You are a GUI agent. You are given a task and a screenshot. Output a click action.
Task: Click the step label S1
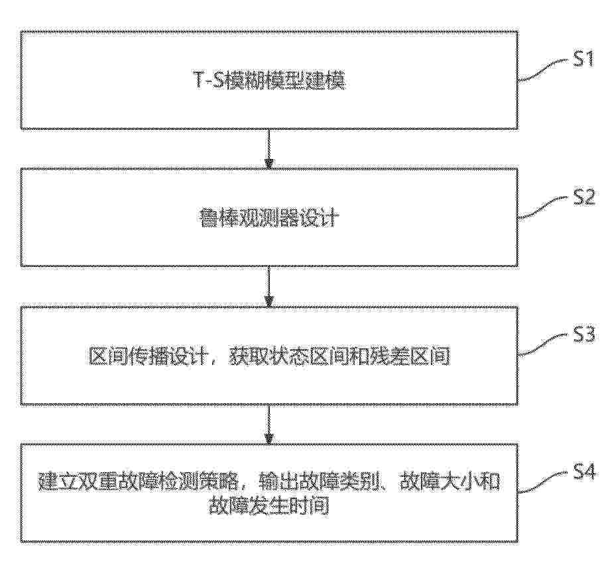click(x=583, y=60)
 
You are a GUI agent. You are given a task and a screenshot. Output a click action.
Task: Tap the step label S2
click(x=584, y=197)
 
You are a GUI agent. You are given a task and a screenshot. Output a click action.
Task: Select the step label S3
click(x=584, y=334)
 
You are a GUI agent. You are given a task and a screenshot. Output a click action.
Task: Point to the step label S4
click(x=584, y=472)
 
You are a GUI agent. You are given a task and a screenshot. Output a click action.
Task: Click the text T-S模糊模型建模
click(x=269, y=80)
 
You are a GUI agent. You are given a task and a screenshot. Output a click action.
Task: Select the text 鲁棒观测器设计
click(x=269, y=218)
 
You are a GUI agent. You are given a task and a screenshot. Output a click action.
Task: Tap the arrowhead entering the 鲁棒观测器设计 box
click(x=269, y=164)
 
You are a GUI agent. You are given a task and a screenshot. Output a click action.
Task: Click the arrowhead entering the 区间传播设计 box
click(x=269, y=301)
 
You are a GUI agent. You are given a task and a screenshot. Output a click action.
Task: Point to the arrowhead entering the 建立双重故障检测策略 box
click(x=269, y=438)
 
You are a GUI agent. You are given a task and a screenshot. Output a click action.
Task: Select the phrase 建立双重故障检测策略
click(x=138, y=481)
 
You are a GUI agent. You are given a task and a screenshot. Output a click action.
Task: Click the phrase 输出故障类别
click(x=319, y=481)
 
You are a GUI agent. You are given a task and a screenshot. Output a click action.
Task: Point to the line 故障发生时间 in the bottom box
click(x=269, y=505)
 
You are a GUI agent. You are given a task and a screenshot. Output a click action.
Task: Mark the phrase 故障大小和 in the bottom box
click(x=450, y=481)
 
